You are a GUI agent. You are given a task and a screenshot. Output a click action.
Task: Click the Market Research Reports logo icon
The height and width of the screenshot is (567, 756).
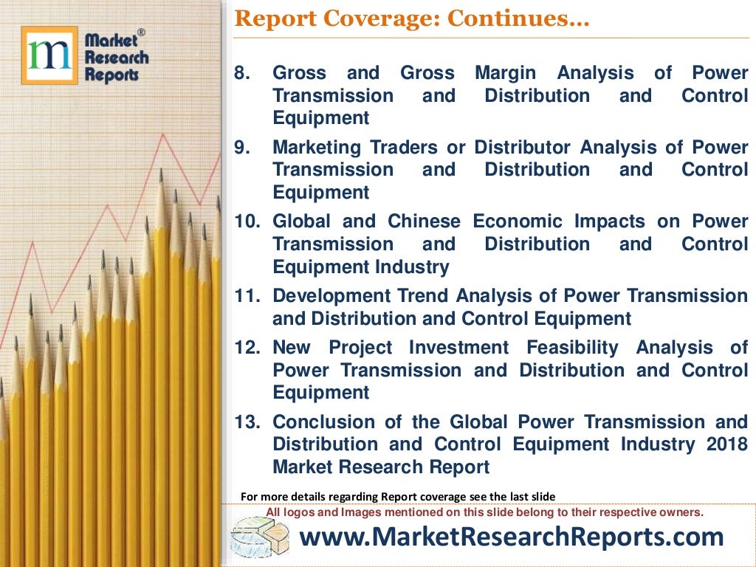[x=49, y=55]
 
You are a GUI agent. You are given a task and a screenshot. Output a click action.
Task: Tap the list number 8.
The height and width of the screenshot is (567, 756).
[x=243, y=73]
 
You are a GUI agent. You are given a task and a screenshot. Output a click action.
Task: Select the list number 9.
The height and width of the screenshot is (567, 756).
[x=243, y=148]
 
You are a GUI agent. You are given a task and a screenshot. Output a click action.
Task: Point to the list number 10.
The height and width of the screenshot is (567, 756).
[x=248, y=221]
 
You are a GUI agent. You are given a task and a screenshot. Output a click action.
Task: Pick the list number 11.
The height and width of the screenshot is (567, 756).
[x=248, y=296]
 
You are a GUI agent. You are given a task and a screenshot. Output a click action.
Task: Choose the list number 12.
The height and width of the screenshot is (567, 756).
[x=248, y=348]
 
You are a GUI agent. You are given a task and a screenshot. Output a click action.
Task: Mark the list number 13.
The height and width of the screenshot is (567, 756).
[x=248, y=422]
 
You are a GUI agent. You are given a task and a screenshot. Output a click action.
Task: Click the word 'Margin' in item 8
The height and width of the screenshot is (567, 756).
[x=505, y=73]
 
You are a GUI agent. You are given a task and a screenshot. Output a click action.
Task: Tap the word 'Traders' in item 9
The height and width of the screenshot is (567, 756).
[x=416, y=148]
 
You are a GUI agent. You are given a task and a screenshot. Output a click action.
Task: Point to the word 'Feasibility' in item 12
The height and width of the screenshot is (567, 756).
[x=572, y=348]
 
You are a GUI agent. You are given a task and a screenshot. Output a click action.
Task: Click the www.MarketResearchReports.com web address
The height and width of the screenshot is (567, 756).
[x=511, y=537]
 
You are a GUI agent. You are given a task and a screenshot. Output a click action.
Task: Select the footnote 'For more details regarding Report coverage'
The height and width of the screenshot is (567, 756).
[x=398, y=496]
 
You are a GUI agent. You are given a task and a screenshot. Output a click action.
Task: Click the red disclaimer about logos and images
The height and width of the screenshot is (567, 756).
[x=484, y=512]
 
